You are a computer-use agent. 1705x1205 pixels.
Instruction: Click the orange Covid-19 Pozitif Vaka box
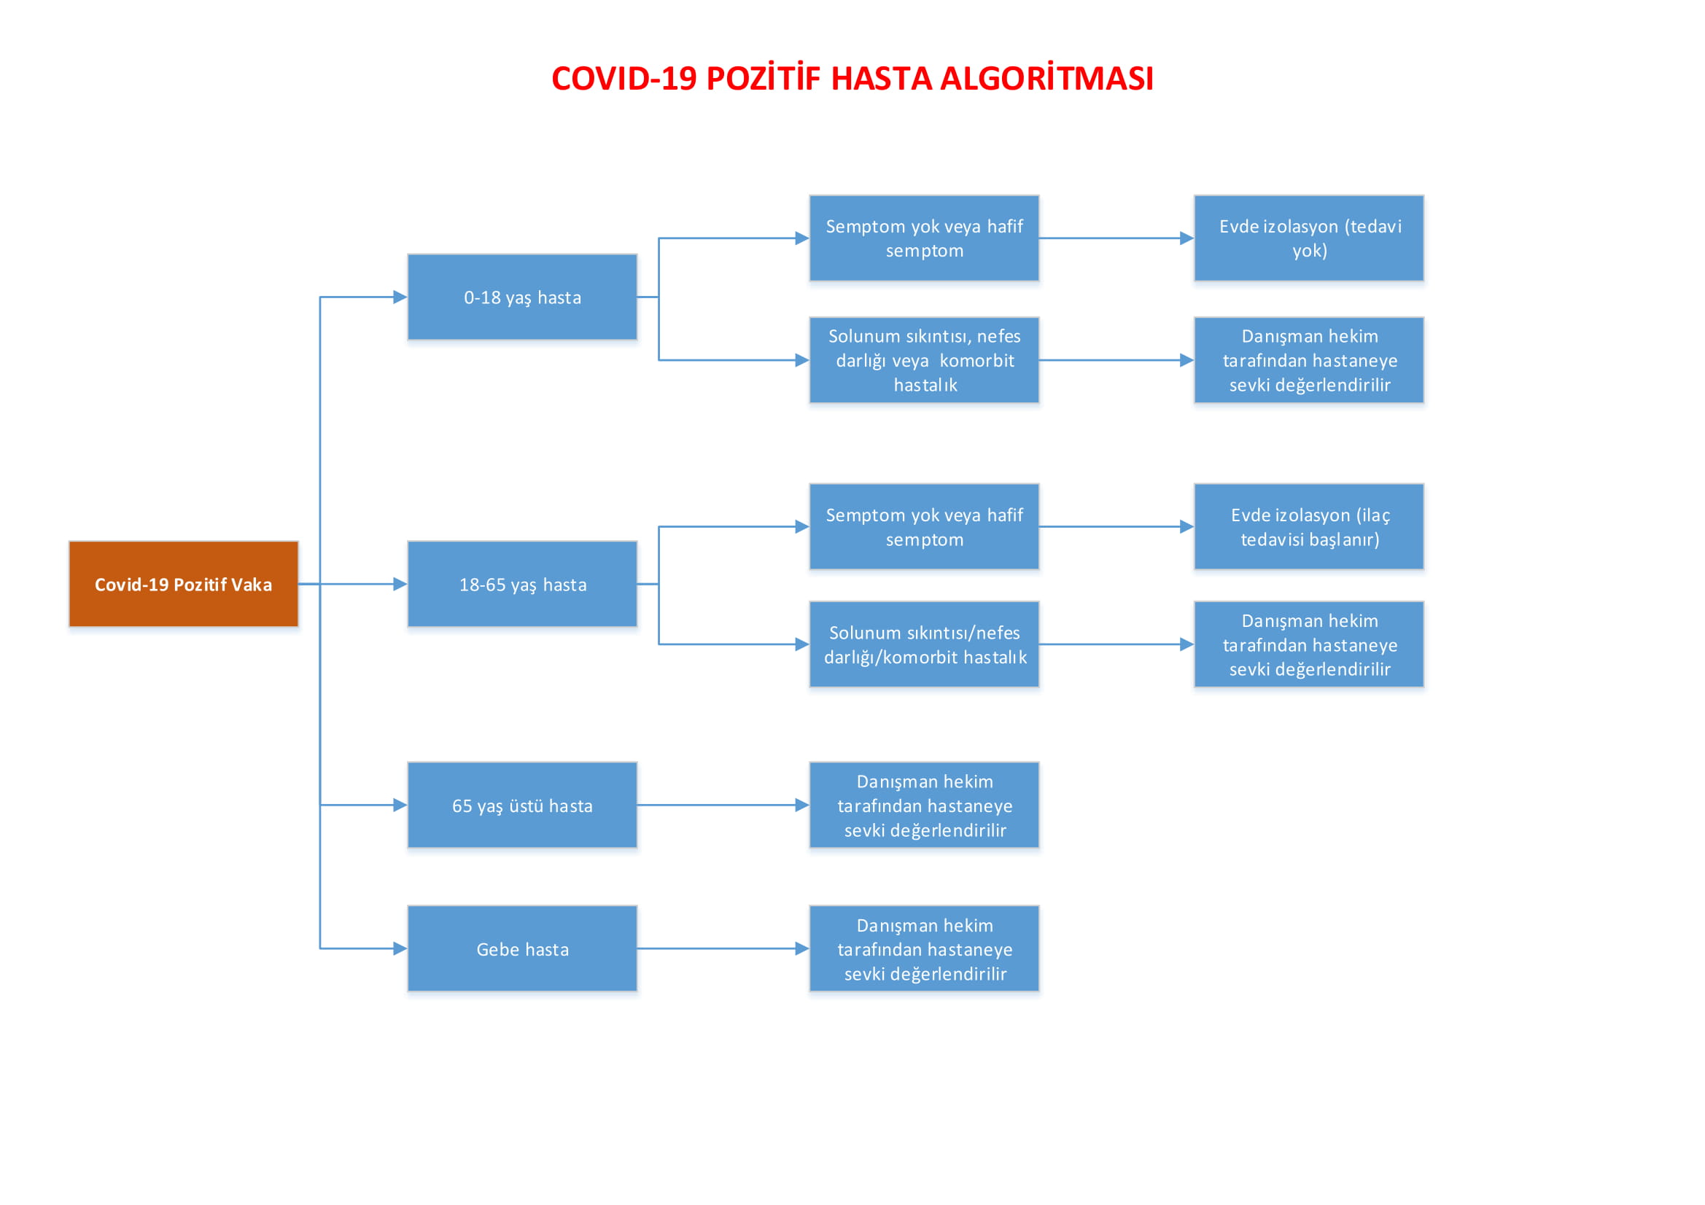pos(184,584)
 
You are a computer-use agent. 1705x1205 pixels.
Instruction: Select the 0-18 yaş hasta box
pos(522,297)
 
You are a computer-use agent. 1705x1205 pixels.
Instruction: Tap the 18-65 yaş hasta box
pos(522,584)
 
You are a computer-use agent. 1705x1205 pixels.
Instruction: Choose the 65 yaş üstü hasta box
pos(522,805)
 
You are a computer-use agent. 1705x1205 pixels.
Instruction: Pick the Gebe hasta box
pos(522,948)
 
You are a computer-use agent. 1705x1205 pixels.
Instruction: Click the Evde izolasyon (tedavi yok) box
pos(1309,238)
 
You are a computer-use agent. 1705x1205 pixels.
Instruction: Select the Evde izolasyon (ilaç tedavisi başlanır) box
pos(1309,526)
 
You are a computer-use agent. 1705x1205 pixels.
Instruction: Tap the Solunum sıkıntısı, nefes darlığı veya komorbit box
pos(924,360)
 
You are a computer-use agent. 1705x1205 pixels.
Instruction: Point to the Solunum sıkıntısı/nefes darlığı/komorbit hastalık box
pos(924,644)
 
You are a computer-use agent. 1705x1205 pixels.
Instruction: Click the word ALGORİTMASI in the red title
pos(1047,79)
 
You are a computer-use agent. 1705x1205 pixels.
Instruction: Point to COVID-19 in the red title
pos(624,79)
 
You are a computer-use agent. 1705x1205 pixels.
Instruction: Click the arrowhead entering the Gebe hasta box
pos(400,948)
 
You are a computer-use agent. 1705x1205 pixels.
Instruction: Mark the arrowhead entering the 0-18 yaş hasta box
pos(400,297)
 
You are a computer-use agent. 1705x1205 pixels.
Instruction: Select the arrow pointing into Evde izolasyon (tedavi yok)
pos(1116,238)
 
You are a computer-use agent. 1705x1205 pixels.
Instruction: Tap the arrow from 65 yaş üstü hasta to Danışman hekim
pos(723,805)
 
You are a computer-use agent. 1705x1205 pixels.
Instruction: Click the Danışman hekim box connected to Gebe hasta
pos(924,948)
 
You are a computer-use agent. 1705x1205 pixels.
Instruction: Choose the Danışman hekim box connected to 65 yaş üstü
pos(924,805)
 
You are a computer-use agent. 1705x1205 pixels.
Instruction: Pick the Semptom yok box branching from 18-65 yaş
pos(924,526)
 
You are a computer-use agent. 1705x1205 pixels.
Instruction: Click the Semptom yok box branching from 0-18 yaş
pos(924,238)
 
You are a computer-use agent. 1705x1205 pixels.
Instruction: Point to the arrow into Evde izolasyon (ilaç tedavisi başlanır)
pos(1116,526)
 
